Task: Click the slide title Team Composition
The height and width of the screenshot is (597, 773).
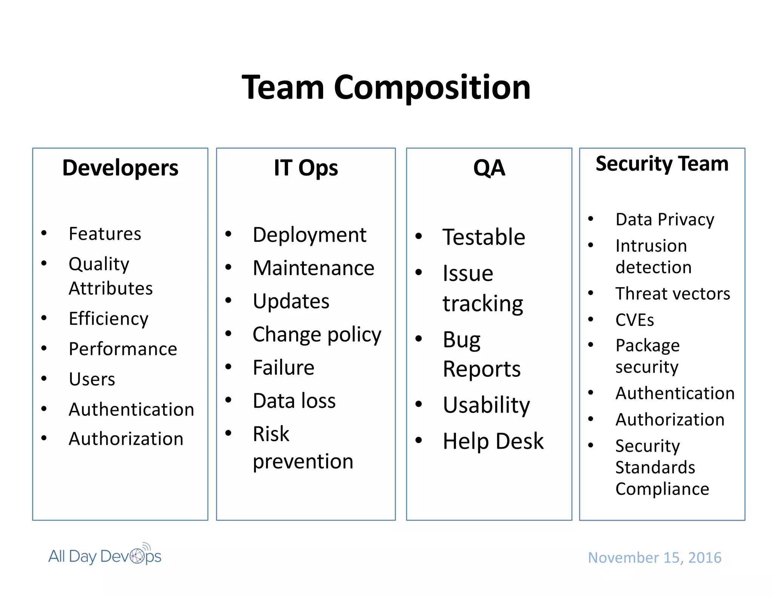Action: coord(386,88)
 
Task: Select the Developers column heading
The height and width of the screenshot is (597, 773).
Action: coord(120,168)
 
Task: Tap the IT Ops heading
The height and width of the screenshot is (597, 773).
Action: coord(306,168)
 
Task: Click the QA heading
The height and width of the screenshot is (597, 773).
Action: coord(489,168)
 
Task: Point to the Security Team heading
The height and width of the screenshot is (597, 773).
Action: coord(662,164)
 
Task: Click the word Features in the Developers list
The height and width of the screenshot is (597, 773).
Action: coord(105,234)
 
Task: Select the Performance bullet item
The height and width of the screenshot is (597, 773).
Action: coord(123,349)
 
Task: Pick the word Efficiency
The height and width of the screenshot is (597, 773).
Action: coord(109,319)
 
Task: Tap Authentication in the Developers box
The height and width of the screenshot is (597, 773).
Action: coord(131,409)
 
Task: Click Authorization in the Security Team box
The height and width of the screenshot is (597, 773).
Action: coord(670,420)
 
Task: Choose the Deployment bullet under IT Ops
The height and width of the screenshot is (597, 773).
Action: coord(310,235)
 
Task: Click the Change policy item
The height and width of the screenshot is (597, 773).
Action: coord(317,335)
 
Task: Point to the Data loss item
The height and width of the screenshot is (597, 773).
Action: coord(294,401)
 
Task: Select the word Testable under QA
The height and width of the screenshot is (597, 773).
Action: coord(484,237)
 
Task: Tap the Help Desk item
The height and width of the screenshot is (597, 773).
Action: coord(493,441)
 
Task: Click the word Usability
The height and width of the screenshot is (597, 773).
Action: coord(487,405)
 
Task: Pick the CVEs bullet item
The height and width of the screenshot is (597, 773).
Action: coord(634,320)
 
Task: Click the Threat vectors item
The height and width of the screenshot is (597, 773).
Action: coord(673,294)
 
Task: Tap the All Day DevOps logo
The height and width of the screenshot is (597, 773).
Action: coord(105,556)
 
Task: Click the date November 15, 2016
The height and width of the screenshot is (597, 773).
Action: coord(654,557)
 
